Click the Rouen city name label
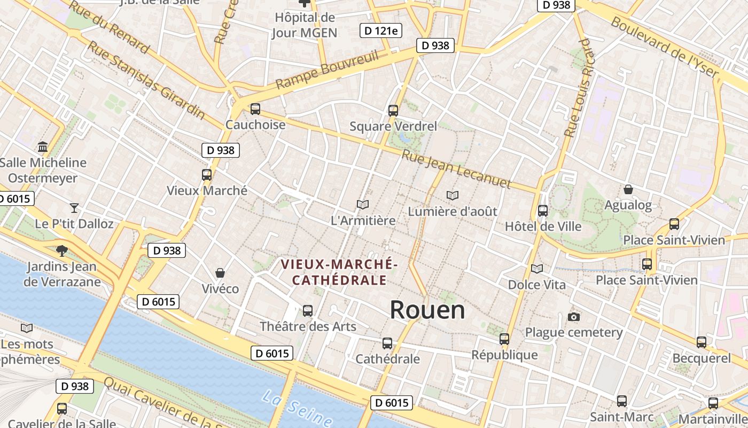pyautogui.click(x=427, y=310)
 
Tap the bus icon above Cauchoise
pyautogui.click(x=255, y=109)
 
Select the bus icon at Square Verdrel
pyautogui.click(x=393, y=111)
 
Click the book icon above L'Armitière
pyautogui.click(x=363, y=204)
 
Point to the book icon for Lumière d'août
pyautogui.click(x=453, y=196)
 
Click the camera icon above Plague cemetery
pyautogui.click(x=574, y=317)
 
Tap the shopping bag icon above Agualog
pyautogui.click(x=628, y=189)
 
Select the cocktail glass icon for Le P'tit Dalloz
pyautogui.click(x=74, y=208)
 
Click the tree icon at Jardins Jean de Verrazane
pyautogui.click(x=62, y=250)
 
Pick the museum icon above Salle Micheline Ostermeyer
pyautogui.click(x=43, y=147)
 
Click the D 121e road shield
pyautogui.click(x=381, y=30)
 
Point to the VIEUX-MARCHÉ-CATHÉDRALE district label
pyautogui.click(x=339, y=272)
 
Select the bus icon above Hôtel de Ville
pyautogui.click(x=543, y=211)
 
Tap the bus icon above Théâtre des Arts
pyautogui.click(x=308, y=310)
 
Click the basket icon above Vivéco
pyautogui.click(x=220, y=273)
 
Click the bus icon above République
pyautogui.click(x=504, y=339)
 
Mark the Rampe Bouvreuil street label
pyautogui.click(x=327, y=70)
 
